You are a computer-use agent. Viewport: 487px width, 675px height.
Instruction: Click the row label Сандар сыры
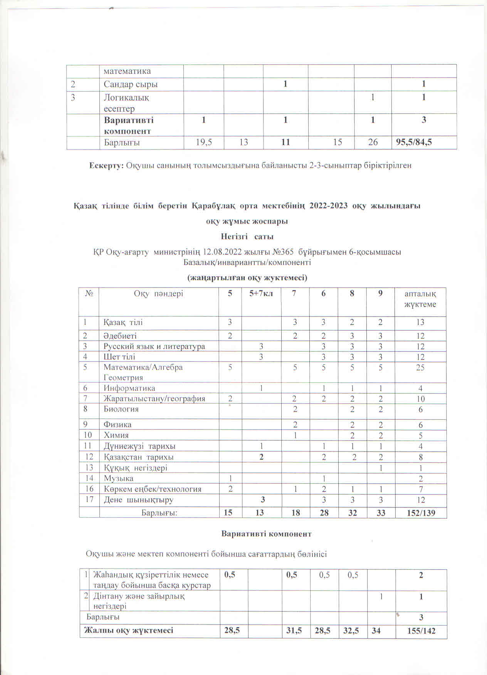click(x=131, y=84)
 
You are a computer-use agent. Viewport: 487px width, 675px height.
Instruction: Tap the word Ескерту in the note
click(x=106, y=165)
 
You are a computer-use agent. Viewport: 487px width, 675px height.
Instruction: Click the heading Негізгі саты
click(x=247, y=236)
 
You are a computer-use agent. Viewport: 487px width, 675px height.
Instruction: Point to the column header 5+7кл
click(x=261, y=294)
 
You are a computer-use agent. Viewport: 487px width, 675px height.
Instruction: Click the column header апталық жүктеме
click(x=420, y=299)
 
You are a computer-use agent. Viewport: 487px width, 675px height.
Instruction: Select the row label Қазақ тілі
click(x=123, y=322)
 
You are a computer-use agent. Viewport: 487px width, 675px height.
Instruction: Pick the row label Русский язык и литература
click(x=154, y=346)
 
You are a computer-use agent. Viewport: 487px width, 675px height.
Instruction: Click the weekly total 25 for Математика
click(x=420, y=368)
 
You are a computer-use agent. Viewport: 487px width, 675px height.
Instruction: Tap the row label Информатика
click(x=129, y=388)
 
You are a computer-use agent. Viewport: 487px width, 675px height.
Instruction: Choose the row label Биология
click(x=121, y=409)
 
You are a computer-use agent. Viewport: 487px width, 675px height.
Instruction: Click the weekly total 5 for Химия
click(x=420, y=435)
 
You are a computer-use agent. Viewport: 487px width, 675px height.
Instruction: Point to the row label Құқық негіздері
click(x=136, y=468)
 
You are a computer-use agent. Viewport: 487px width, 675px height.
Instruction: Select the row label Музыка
click(x=119, y=479)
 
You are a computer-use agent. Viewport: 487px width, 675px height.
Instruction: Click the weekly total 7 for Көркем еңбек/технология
click(x=421, y=489)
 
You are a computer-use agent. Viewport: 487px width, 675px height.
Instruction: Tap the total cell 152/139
click(x=421, y=513)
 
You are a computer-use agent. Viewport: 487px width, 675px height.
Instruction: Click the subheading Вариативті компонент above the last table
click(x=266, y=534)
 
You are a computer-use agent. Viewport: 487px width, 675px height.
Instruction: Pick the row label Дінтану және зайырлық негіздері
click(x=139, y=601)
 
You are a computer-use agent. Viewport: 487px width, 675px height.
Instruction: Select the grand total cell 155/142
click(x=421, y=630)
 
